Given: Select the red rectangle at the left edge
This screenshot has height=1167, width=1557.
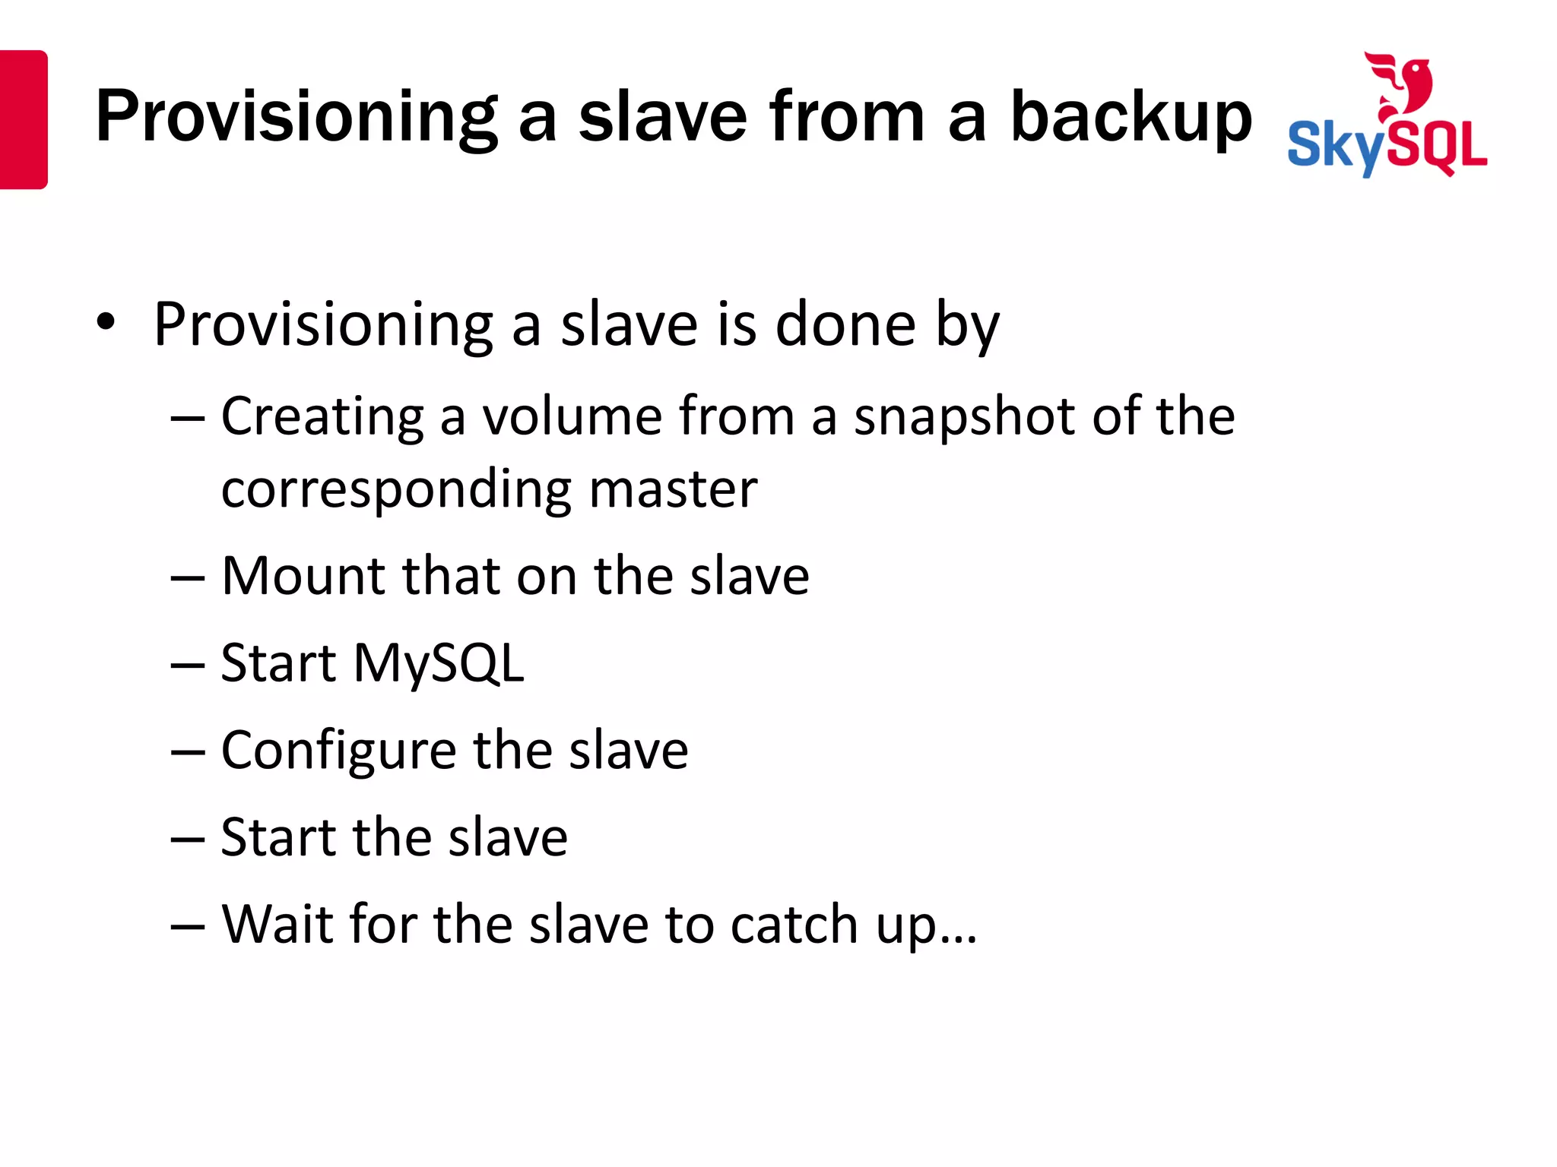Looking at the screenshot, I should click(23, 119).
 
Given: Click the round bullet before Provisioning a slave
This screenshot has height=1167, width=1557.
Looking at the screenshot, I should click(106, 322).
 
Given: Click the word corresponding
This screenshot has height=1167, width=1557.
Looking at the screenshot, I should click(396, 490).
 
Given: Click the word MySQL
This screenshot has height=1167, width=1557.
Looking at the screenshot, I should click(439, 663).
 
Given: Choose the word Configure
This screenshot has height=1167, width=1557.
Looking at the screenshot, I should click(338, 751).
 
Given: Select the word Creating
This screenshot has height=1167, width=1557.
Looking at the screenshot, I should click(322, 417).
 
